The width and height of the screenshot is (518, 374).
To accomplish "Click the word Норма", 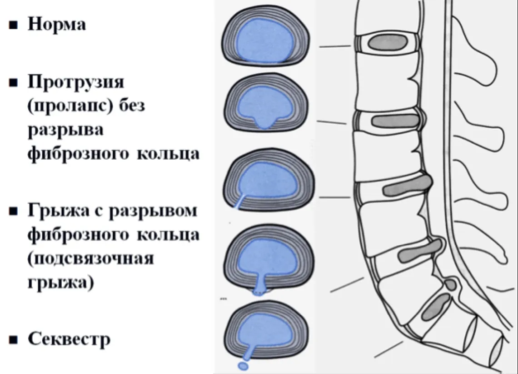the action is (57, 24).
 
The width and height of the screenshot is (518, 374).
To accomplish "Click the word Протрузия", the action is (76, 81).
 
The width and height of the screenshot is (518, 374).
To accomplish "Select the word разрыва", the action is (65, 130).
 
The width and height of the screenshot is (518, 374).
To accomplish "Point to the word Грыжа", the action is (58, 211).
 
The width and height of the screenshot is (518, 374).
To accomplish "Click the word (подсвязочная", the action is (91, 258).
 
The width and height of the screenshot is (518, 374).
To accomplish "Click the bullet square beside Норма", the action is (13, 25).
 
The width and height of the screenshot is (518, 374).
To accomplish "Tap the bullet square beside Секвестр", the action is (13, 339).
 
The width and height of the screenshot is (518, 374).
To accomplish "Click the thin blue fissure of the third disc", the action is (240, 201).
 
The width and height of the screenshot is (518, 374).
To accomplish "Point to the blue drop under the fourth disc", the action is (259, 291).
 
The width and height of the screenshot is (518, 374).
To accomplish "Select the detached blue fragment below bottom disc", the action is (243, 366).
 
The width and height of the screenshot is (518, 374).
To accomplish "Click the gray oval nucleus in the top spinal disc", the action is (388, 43).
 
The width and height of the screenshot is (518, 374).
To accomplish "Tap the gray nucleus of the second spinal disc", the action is (395, 121).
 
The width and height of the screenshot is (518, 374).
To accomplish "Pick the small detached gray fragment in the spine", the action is (451, 284).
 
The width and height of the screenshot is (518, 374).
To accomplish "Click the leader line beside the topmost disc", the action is (335, 46).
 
